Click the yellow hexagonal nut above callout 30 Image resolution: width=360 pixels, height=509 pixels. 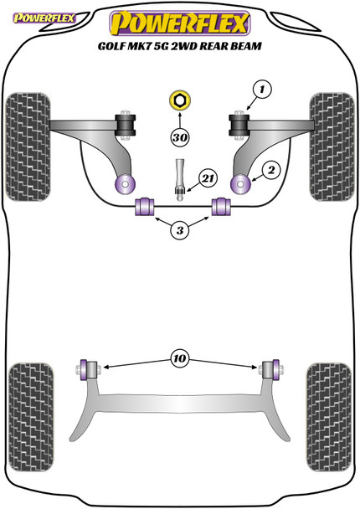pos(178,101)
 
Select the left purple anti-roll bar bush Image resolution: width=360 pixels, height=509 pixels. pos(141,206)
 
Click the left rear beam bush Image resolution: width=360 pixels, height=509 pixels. pos(86,367)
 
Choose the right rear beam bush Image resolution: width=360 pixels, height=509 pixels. pos(270,367)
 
